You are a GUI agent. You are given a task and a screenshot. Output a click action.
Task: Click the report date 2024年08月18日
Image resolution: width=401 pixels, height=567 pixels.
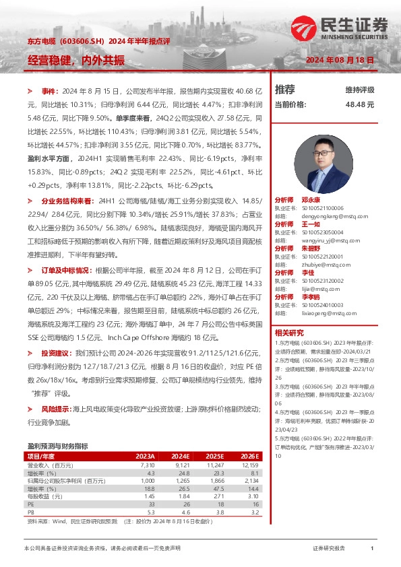[340, 61]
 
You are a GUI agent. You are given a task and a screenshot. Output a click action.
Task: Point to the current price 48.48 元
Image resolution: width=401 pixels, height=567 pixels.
[359, 105]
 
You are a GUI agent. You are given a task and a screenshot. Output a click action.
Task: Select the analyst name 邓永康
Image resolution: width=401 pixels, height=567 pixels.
[310, 201]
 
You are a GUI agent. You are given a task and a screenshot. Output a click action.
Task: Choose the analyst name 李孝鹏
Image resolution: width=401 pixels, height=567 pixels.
[310, 296]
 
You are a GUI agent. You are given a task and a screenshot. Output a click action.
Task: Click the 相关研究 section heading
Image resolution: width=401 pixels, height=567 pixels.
[289, 333]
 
